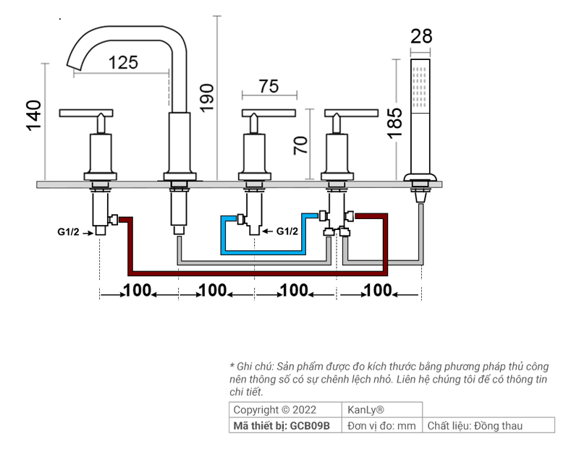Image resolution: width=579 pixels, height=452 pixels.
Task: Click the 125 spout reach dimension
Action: click(x=123, y=62)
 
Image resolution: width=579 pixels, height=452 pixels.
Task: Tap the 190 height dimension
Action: click(x=208, y=97)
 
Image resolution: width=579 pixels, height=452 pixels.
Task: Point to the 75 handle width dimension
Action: click(x=269, y=86)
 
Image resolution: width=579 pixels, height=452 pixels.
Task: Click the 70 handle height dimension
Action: click(x=301, y=145)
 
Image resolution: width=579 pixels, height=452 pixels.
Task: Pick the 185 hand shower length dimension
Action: click(x=394, y=123)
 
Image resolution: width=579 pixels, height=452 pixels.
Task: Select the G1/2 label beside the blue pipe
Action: click(x=287, y=231)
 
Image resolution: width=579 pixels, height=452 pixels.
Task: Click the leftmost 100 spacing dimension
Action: click(x=137, y=291)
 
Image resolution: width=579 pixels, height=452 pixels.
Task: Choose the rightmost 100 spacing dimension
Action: click(x=378, y=291)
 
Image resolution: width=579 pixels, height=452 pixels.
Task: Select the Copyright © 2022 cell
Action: click(x=274, y=410)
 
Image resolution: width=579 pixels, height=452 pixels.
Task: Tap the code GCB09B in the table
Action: click(x=310, y=426)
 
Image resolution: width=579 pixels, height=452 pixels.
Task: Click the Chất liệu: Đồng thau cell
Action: click(x=474, y=426)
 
